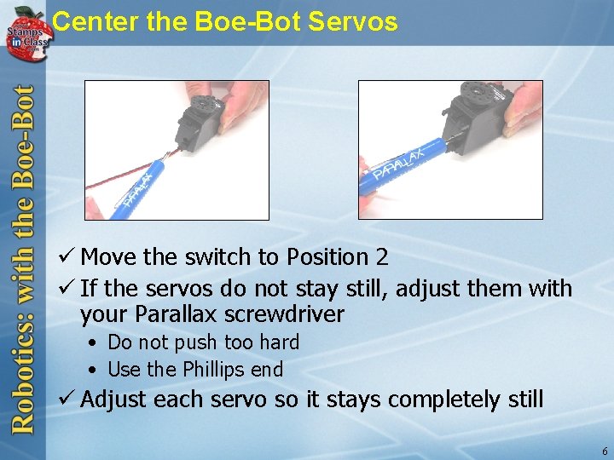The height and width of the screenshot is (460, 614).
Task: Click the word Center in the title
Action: [x=95, y=21]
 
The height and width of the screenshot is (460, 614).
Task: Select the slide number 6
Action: [x=605, y=451]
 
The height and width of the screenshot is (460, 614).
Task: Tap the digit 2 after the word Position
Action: [x=382, y=257]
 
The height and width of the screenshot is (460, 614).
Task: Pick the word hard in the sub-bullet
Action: [x=279, y=342]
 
